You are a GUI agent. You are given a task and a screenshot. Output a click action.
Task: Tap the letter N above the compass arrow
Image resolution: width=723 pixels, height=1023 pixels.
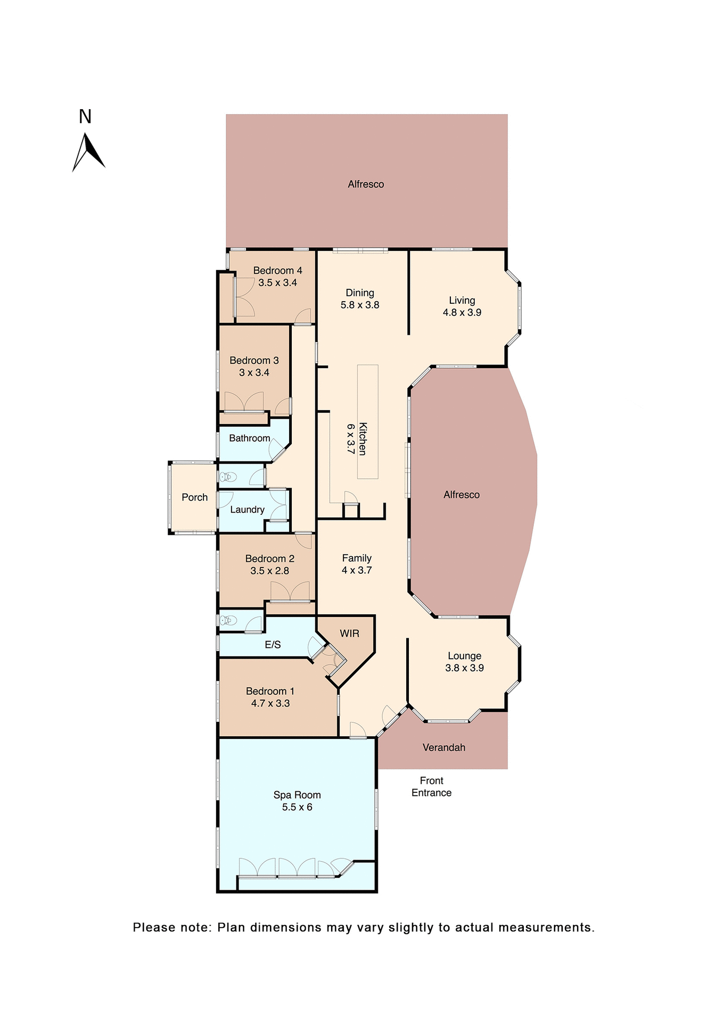click(85, 117)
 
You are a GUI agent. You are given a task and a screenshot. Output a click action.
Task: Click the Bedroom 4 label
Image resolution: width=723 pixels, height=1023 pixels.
click(277, 271)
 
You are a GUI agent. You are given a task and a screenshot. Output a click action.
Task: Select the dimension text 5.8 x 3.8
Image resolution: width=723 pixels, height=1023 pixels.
click(360, 305)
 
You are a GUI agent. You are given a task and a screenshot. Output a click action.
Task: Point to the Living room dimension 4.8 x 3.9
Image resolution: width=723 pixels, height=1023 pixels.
click(462, 313)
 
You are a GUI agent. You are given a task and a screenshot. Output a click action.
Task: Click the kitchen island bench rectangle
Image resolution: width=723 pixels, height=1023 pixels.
click(367, 421)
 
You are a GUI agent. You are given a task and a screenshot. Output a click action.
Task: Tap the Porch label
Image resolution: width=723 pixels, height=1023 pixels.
click(194, 497)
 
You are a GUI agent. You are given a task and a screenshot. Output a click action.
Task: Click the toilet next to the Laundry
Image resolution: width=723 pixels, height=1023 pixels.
click(227, 476)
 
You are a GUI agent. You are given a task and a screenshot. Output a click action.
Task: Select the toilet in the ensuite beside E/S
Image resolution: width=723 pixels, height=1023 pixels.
click(228, 620)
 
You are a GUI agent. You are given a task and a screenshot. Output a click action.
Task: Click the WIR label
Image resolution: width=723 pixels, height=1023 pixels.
click(349, 634)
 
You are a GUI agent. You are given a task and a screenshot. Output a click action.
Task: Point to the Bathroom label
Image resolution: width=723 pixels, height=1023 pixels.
click(249, 438)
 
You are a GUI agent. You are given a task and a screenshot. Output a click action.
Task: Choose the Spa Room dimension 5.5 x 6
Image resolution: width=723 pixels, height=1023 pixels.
click(297, 807)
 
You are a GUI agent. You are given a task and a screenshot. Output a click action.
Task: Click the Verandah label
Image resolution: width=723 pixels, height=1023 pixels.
click(443, 748)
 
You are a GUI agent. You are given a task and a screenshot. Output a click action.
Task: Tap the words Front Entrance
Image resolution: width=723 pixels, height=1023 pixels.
click(431, 786)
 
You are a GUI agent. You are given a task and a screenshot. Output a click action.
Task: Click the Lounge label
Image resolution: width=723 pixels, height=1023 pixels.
click(464, 656)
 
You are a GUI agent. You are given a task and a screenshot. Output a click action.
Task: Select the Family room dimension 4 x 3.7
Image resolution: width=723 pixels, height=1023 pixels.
click(357, 570)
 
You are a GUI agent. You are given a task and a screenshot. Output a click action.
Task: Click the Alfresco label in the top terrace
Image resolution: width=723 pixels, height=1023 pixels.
click(366, 184)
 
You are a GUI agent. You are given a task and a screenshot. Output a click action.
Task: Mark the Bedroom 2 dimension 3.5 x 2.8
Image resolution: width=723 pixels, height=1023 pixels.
click(269, 571)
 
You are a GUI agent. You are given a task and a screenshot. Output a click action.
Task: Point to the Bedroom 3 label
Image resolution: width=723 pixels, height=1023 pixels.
click(254, 361)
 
